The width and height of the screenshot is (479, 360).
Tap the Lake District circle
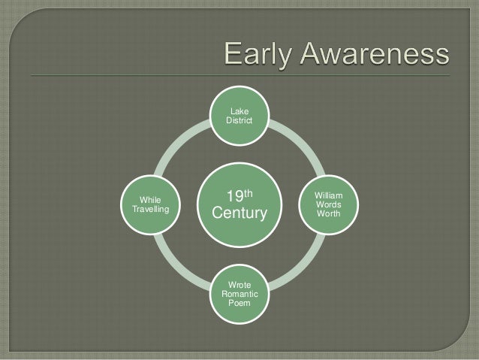pyautogui.click(x=240, y=116)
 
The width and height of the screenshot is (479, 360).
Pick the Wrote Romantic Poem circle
pyautogui.click(x=239, y=294)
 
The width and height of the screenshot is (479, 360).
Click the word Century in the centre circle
pyautogui.click(x=239, y=215)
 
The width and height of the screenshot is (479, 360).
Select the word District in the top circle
pyautogui.click(x=240, y=122)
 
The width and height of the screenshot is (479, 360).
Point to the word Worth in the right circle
pyautogui.click(x=329, y=214)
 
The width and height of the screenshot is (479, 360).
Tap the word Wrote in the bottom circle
pyautogui.click(x=239, y=285)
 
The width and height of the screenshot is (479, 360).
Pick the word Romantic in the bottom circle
pyautogui.click(x=239, y=295)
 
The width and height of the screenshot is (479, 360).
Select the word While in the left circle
pyautogui.click(x=151, y=200)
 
